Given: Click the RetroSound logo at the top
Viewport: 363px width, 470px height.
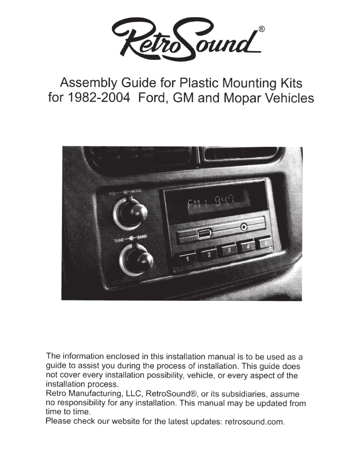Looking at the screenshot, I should [181, 37].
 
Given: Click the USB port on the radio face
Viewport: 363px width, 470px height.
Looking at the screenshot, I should [203, 234].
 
